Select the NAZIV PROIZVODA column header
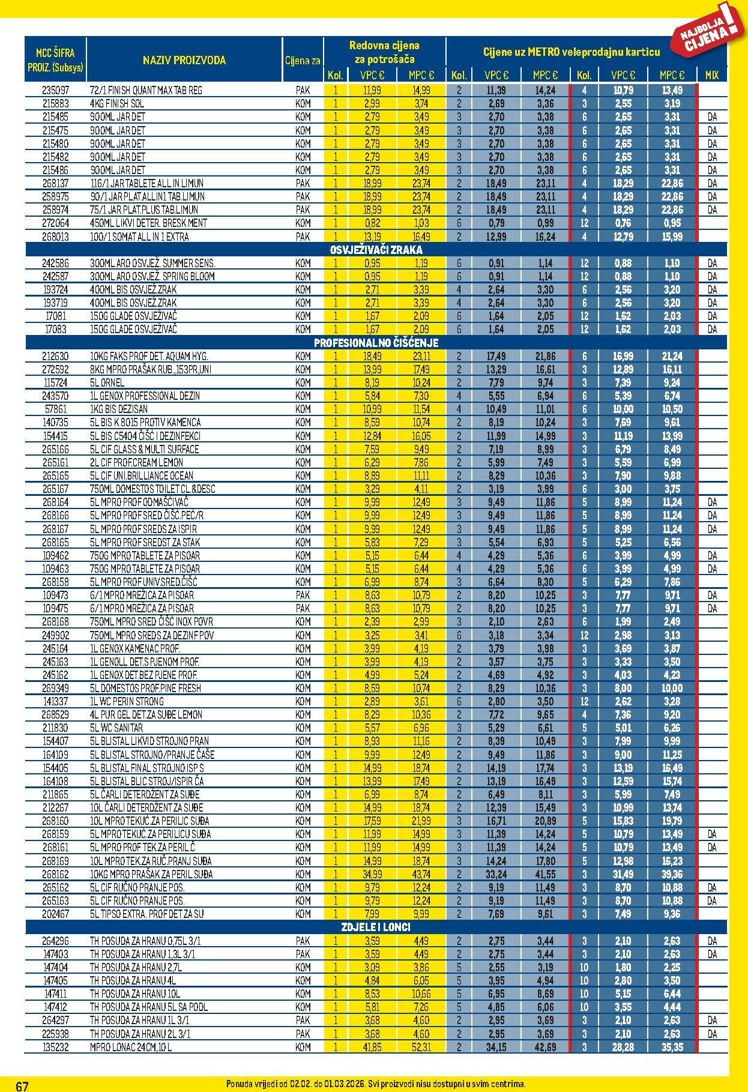click(184, 60)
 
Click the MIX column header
click(711, 76)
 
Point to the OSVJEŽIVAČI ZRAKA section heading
click(376, 250)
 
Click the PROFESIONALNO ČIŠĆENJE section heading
click(376, 343)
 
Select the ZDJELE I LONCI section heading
click(376, 927)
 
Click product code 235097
click(55, 90)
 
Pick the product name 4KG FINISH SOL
click(116, 103)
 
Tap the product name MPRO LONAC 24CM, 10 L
click(131, 1047)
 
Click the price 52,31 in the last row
click(421, 1047)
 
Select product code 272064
click(55, 223)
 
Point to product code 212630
click(55, 356)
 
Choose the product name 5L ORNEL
click(107, 382)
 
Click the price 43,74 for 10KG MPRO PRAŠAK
click(421, 874)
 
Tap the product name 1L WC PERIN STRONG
click(127, 701)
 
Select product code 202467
click(55, 914)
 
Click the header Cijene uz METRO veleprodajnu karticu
click(571, 52)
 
